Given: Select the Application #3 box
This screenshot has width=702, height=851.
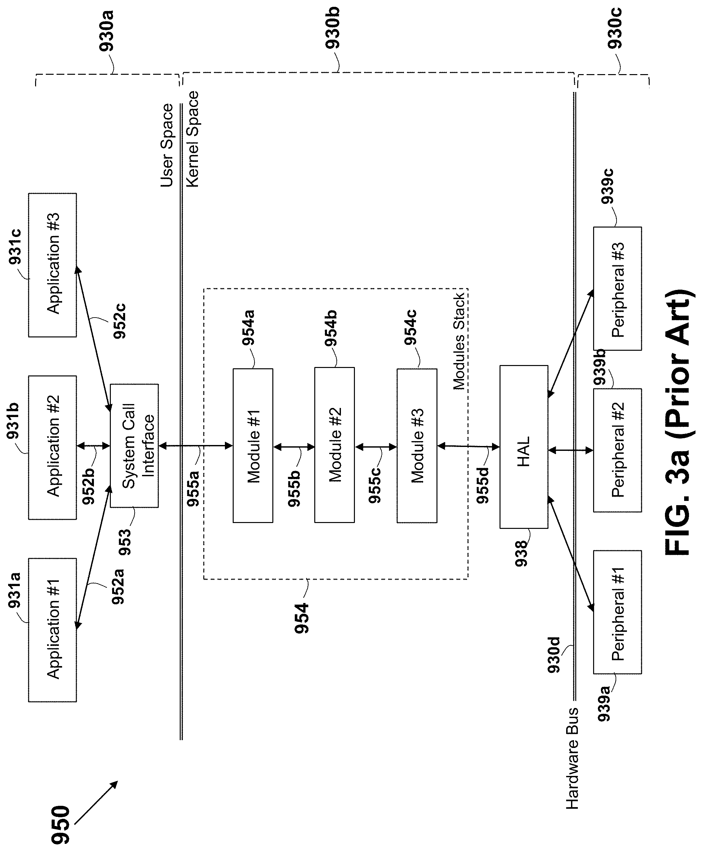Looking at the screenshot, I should pyautogui.click(x=52, y=265).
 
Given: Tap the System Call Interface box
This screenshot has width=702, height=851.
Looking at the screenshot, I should pyautogui.click(x=134, y=446).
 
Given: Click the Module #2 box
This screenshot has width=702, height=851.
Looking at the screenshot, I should pyautogui.click(x=334, y=445).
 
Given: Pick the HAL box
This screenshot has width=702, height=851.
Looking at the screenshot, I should pyautogui.click(x=524, y=447).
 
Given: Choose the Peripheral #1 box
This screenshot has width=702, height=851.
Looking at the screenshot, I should pyautogui.click(x=617, y=613).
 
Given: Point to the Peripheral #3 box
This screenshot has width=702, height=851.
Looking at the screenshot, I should pyautogui.click(x=617, y=289).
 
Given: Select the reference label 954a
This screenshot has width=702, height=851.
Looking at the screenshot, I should pyautogui.click(x=248, y=328).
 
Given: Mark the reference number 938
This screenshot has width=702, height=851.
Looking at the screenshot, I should pyautogui.click(x=521, y=553).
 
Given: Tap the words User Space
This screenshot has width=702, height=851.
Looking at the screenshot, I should pyautogui.click(x=167, y=146).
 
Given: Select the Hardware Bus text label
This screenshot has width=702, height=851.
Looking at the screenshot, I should pyautogui.click(x=572, y=759).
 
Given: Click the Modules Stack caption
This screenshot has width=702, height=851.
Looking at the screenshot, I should pyautogui.click(x=459, y=342).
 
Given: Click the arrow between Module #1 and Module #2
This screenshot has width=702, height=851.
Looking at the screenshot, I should pyautogui.click(x=294, y=447).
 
